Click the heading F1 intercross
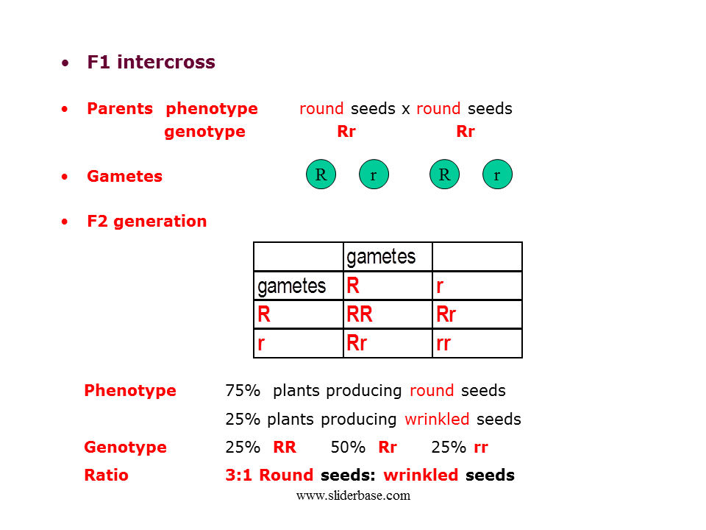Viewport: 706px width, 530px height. pos(151,63)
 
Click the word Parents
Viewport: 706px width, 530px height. pos(120,109)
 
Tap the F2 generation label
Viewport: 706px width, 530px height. pos(146,222)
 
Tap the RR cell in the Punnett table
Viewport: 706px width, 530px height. pos(360,314)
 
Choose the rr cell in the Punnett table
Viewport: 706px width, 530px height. pos(443,343)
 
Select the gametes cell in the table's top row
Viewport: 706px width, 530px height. pos(381,256)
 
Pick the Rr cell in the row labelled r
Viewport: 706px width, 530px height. pos(357,343)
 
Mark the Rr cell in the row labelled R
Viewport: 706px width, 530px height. pos(446,314)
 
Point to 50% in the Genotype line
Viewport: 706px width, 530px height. pos(348,448)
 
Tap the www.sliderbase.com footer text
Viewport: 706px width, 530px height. pos(353,495)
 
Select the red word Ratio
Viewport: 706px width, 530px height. pos(106,476)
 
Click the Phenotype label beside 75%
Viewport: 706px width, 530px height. pos(130,391)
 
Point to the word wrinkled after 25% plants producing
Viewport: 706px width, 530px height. pos(437,420)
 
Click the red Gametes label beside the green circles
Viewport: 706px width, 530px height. pos(124,177)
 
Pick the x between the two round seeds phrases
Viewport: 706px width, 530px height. pos(405,109)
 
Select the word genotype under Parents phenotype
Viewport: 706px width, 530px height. pos(204,132)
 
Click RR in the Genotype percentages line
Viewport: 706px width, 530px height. pos(285,448)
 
